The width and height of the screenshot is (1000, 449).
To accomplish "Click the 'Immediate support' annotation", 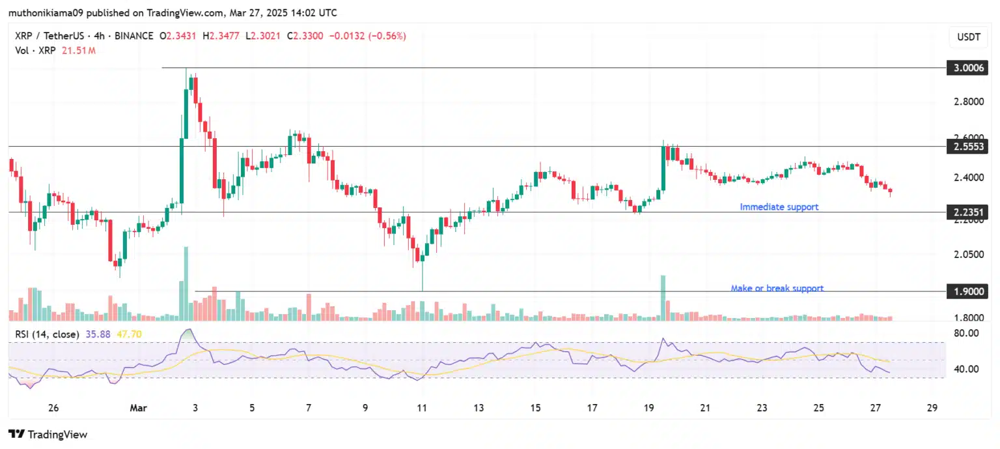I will pyautogui.click(x=779, y=207).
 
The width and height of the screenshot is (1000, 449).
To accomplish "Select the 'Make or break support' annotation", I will pyautogui.click(x=777, y=288).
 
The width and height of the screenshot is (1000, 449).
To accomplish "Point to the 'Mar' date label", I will pyautogui.click(x=139, y=408).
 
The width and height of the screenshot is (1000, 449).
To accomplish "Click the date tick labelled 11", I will pyautogui.click(x=422, y=408).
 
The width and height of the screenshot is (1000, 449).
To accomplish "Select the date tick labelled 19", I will pyautogui.click(x=648, y=408).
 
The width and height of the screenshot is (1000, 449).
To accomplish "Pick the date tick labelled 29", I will pyautogui.click(x=932, y=408).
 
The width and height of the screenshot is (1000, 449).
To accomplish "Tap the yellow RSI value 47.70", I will pyautogui.click(x=129, y=334).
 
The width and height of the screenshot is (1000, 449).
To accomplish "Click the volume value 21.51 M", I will pyautogui.click(x=78, y=50).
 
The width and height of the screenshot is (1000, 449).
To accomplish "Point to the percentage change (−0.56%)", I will pyautogui.click(x=387, y=36).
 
